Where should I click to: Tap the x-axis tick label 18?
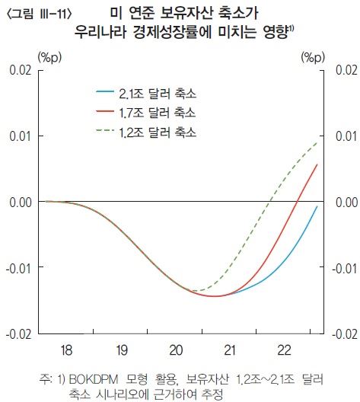pyautogui.click(x=66, y=349)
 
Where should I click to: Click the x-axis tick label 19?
pyautogui.click(x=121, y=349)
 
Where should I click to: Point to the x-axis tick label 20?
pyautogui.click(x=176, y=349)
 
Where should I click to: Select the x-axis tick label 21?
pyautogui.click(x=231, y=349)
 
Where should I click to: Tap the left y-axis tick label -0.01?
pyautogui.click(x=19, y=268)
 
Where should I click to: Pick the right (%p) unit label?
pyautogui.click(x=313, y=56)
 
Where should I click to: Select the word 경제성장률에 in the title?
pyautogui.click(x=198, y=32)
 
